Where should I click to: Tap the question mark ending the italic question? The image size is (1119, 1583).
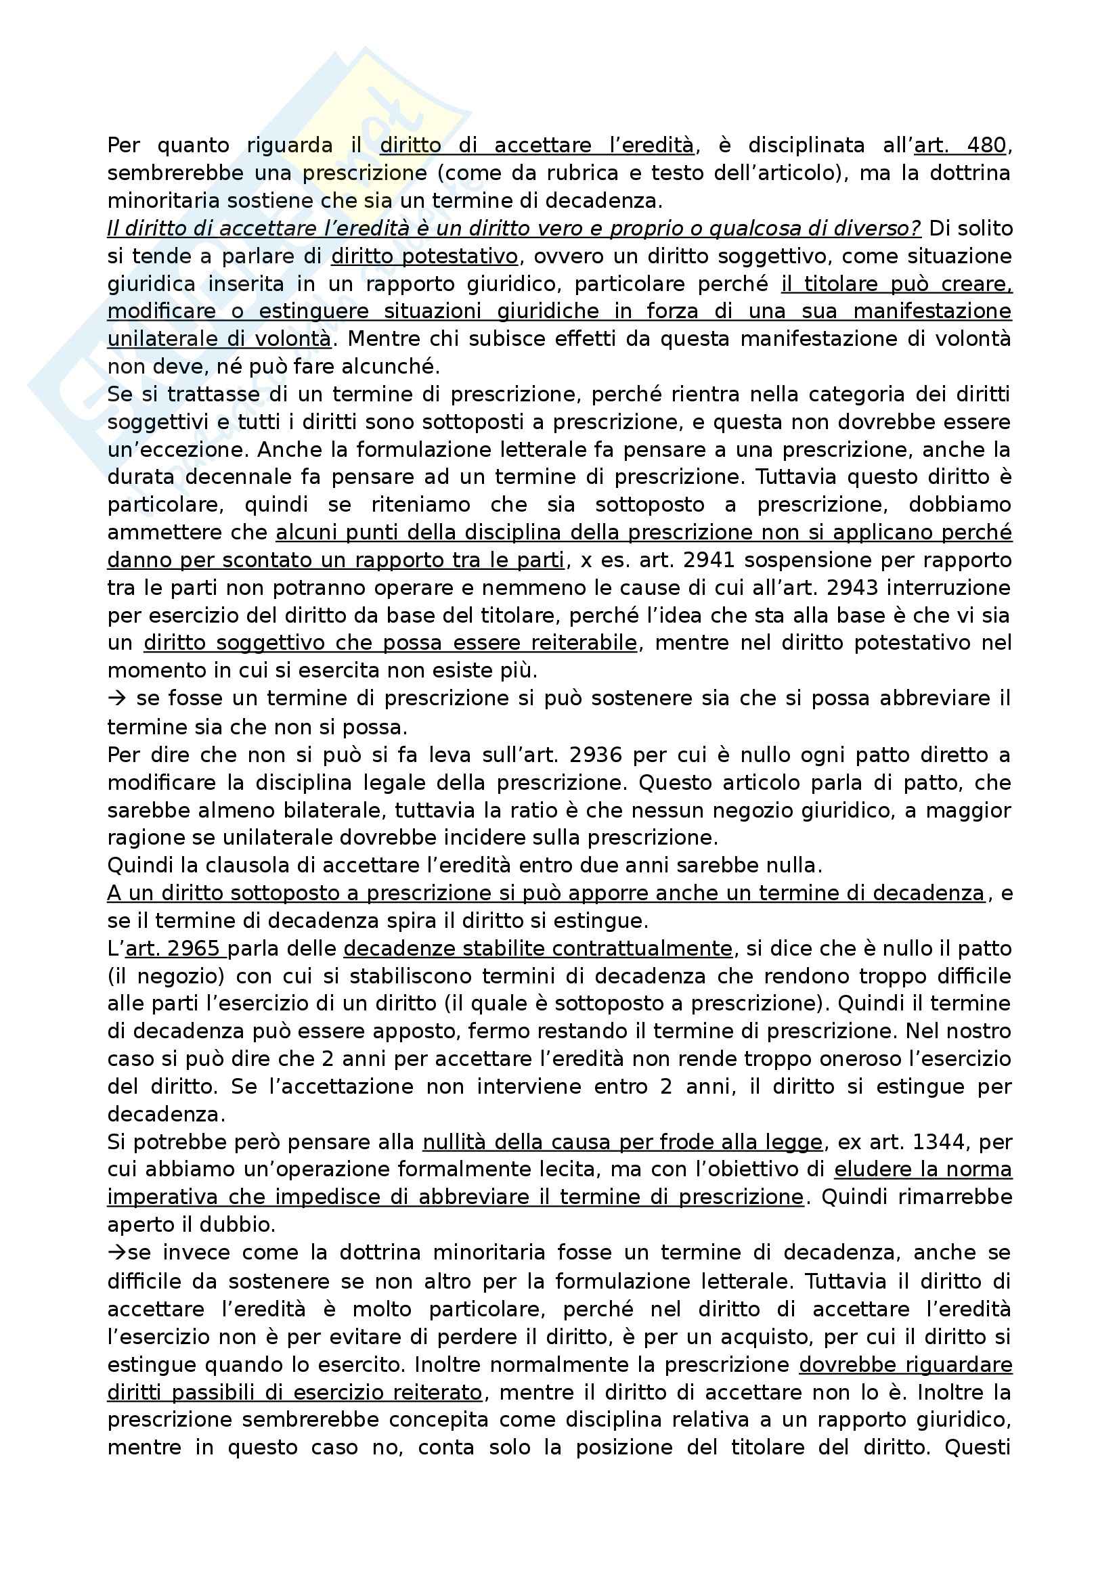click(x=916, y=228)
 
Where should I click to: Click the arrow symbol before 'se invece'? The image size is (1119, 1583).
click(x=115, y=1253)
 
